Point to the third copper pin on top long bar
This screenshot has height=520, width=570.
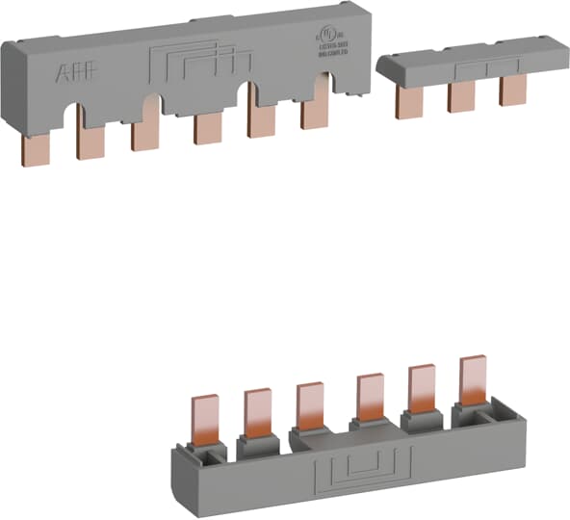(x=146, y=136)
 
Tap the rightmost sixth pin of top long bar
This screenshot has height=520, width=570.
(x=315, y=115)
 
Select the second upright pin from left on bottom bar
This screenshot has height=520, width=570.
(x=258, y=408)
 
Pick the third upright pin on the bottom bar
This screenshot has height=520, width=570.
(x=310, y=404)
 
